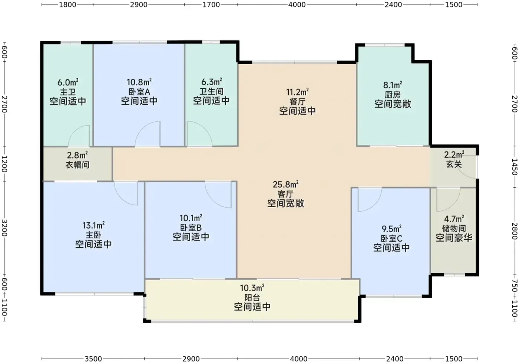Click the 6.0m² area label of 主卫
coord(68,82)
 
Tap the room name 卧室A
coord(139,92)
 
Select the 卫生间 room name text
coord(211,91)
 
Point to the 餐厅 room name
coord(297,102)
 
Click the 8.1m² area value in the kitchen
coord(393,85)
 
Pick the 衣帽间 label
coord(77,165)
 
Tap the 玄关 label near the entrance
coord(454,164)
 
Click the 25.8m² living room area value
coord(285,184)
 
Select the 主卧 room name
coord(93,235)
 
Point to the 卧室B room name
coord(191,228)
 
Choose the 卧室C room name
coord(391,238)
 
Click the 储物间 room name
coord(454,228)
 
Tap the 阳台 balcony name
coord(252,297)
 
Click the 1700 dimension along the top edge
coord(211,4)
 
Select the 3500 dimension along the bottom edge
coord(93,359)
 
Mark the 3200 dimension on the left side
coord(4,228)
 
